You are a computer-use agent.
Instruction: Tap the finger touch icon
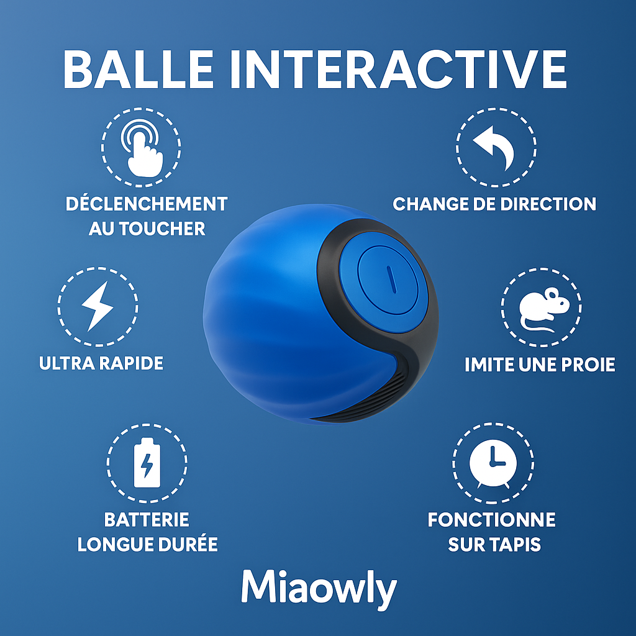(x=142, y=148)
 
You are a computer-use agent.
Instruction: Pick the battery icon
(x=147, y=463)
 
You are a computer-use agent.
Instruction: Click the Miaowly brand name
(x=318, y=587)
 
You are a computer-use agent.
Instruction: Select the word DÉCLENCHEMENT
(x=147, y=204)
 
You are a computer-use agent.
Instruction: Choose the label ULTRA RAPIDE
(x=101, y=363)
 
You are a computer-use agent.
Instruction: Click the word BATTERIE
(x=147, y=519)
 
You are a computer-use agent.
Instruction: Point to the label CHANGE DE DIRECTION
(x=494, y=204)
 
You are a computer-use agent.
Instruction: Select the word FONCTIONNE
(x=491, y=519)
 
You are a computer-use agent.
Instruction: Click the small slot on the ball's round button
(x=389, y=279)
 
